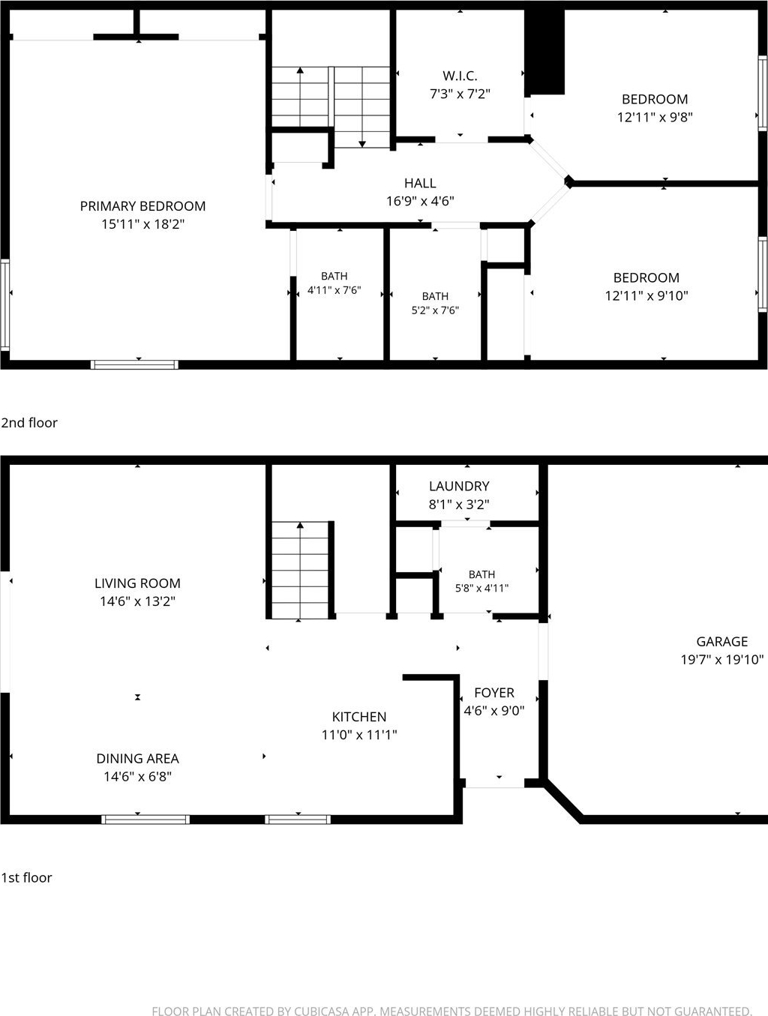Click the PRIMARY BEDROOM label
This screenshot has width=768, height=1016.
coord(142,206)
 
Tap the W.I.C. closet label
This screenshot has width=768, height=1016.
coord(460,76)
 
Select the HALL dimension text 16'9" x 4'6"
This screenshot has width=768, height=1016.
coord(420,201)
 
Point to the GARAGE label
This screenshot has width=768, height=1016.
coord(721,642)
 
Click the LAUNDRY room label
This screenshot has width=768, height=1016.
coord(459,486)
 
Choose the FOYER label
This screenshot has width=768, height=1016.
coord(494,692)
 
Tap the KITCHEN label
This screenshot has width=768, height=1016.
coord(358,717)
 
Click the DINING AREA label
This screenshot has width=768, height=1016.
coord(137,758)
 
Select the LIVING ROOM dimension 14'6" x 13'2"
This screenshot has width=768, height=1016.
coord(137,601)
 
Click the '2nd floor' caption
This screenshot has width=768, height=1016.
coord(29,423)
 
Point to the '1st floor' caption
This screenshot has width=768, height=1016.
coord(26,877)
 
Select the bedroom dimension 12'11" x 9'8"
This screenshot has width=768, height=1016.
coord(655,117)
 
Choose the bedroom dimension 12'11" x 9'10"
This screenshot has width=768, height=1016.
coord(646,295)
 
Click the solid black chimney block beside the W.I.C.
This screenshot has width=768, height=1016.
coord(544,52)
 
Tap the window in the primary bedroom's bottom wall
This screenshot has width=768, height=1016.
coord(134,364)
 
